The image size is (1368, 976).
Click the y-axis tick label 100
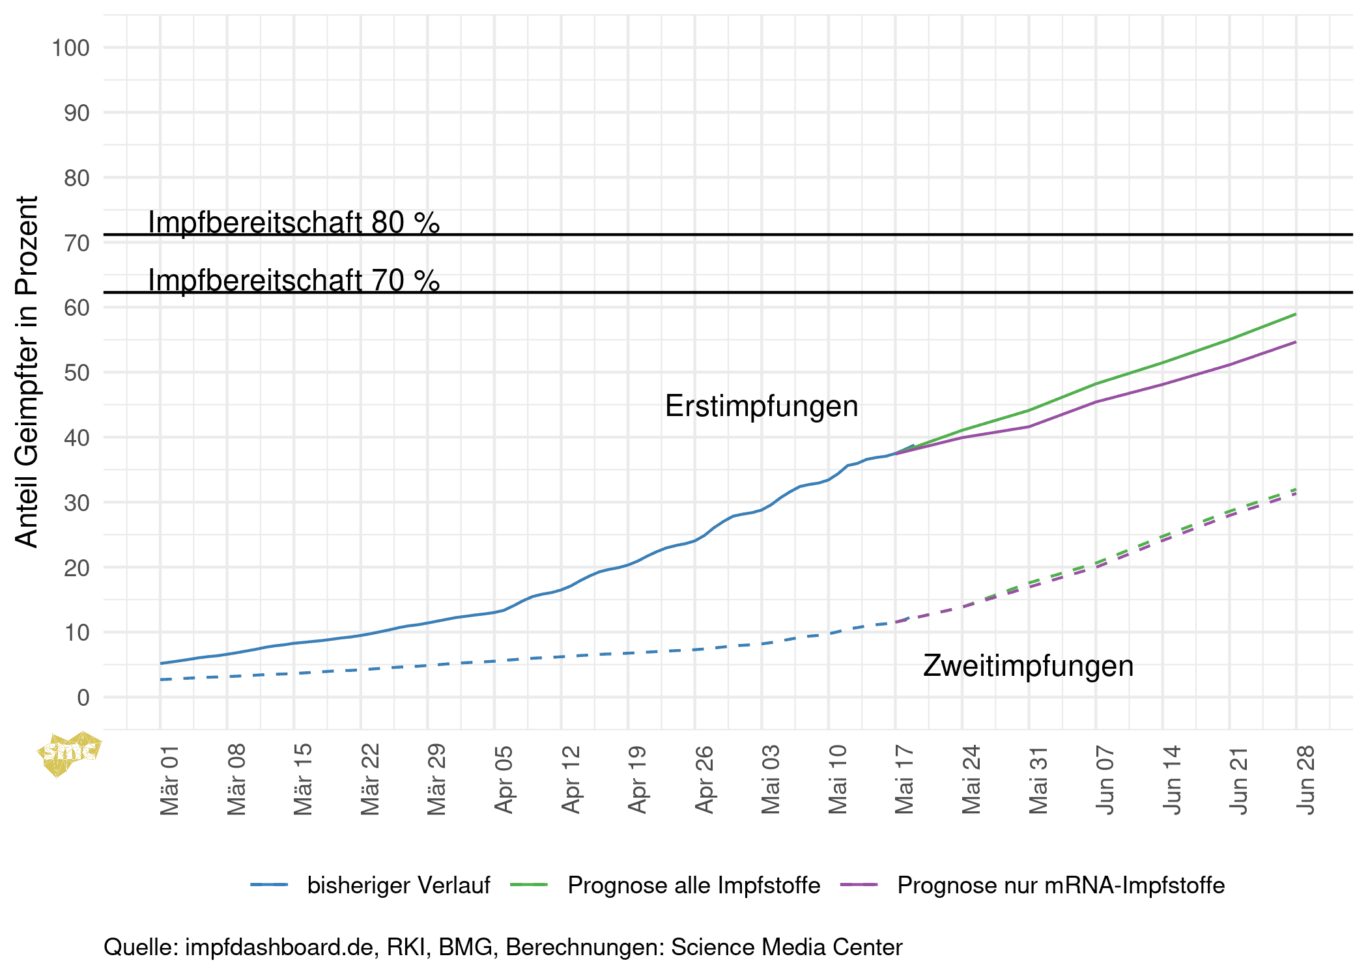tap(70, 48)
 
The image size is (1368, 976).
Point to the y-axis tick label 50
tap(76, 373)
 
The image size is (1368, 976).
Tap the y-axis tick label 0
tap(83, 698)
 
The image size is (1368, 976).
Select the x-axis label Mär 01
tap(169, 780)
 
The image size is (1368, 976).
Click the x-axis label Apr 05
tap(504, 780)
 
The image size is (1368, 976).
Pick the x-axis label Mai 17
tap(904, 780)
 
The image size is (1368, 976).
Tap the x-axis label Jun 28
tap(1305, 780)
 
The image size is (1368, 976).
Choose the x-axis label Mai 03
tap(771, 780)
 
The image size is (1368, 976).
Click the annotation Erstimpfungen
tap(761, 406)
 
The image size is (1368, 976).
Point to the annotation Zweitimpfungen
tap(1028, 666)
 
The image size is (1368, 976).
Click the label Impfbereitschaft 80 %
tap(294, 223)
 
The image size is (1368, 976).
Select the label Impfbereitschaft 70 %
tap(294, 281)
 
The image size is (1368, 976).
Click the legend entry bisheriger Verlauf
tap(398, 885)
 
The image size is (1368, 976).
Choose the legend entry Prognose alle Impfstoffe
tap(693, 885)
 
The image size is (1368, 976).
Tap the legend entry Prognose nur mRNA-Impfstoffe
tap(1061, 885)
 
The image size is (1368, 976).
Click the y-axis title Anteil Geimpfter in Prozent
tap(27, 371)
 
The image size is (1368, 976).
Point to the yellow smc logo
tap(68, 753)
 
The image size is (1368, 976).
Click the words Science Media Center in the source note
tap(786, 947)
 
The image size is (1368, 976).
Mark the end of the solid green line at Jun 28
tap(1296, 314)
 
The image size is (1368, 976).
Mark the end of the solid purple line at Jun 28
tap(1296, 342)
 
